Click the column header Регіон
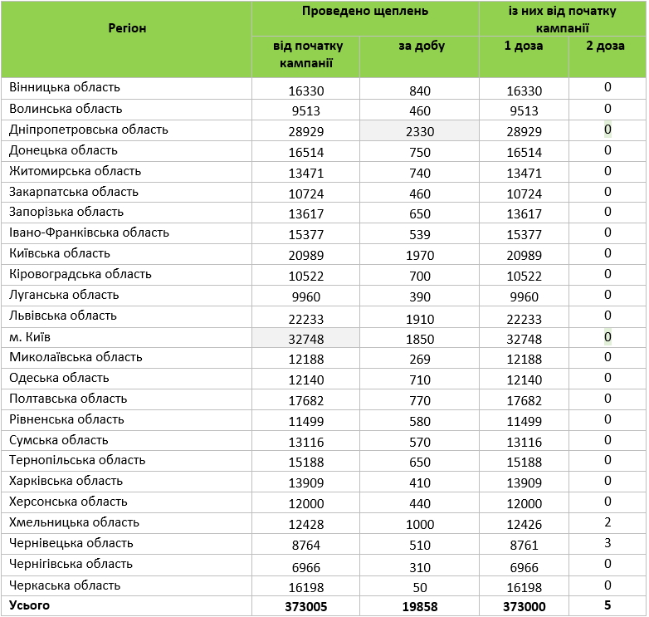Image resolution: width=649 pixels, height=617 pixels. point(127,28)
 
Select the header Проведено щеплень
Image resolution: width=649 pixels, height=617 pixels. point(365,12)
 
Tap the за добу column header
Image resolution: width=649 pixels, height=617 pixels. point(421,47)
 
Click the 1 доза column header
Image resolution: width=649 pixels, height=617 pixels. point(524,47)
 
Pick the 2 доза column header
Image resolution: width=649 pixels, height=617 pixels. point(606,47)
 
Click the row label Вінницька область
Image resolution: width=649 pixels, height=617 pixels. point(65,87)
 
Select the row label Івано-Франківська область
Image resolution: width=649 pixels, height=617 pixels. point(90,233)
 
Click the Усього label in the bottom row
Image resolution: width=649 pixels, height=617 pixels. point(29,605)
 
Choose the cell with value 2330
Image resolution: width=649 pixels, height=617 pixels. point(420,131)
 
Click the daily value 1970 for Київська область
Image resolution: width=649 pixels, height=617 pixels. point(420,256)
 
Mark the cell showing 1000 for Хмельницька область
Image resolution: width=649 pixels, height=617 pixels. point(420,525)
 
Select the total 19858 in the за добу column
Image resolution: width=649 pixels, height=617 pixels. point(420,607)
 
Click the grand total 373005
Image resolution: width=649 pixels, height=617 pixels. point(305,607)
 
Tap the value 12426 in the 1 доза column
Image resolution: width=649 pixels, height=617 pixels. point(524,525)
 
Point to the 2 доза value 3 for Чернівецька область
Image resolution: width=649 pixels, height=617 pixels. point(608,543)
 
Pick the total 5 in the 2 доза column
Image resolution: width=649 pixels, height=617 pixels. point(608,605)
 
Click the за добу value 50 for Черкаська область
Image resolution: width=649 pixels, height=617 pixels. point(420,587)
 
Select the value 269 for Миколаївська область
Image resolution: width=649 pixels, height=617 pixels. point(420,359)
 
